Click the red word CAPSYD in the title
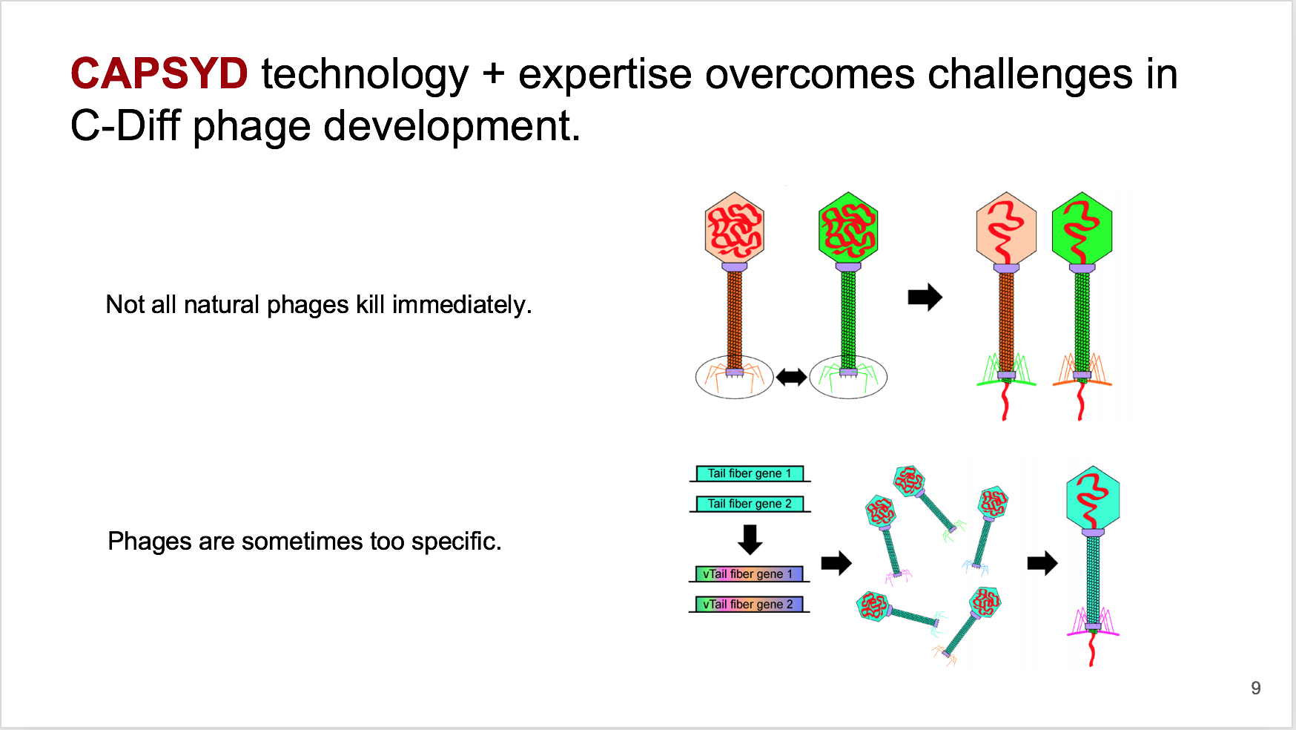[159, 73]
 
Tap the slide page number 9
[1255, 688]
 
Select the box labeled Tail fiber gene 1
[750, 473]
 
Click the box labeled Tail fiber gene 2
[750, 504]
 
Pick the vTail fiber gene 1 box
[749, 573]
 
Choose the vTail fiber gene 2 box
[749, 604]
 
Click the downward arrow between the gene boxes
[750, 539]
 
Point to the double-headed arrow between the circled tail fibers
[791, 378]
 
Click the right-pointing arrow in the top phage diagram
[925, 297]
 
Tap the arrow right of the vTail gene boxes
[836, 563]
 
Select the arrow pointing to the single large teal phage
[1042, 563]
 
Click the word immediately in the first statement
[461, 305]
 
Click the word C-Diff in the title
[125, 125]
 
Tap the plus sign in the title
[494, 74]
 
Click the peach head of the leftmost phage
[734, 229]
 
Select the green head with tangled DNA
[848, 229]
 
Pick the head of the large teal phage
[1093, 497]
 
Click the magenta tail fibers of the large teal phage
[1093, 623]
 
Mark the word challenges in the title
[1030, 74]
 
